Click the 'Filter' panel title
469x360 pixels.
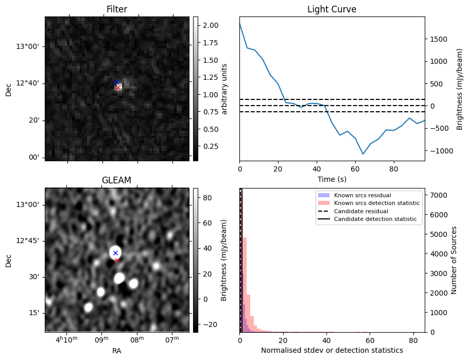117,9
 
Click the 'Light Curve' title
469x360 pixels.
332,9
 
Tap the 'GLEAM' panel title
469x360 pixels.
117,180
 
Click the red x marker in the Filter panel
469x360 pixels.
118,88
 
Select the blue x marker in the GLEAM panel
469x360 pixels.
115,253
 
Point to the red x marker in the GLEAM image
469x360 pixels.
117,260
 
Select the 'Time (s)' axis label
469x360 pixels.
332,179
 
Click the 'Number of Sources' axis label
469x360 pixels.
454,260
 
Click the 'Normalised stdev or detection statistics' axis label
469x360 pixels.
332,350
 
